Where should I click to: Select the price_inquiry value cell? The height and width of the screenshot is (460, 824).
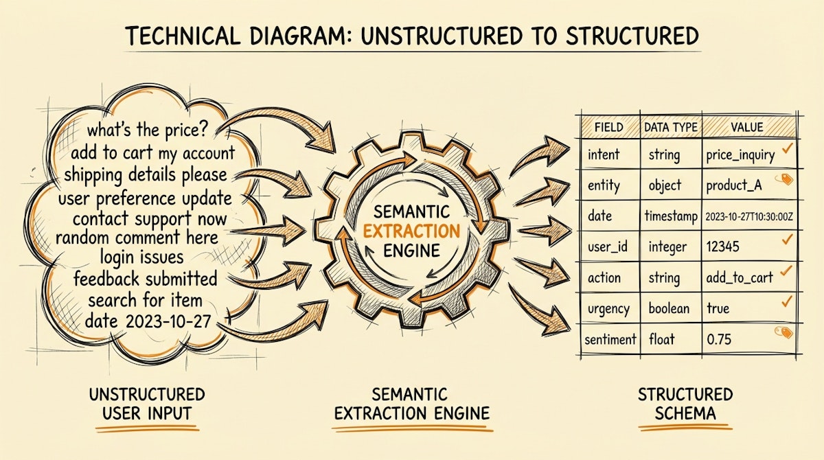click(x=740, y=156)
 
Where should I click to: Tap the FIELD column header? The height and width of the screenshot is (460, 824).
click(x=608, y=127)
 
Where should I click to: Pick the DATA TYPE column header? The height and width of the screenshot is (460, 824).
click(x=670, y=127)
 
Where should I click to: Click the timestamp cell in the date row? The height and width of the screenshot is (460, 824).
click(x=670, y=216)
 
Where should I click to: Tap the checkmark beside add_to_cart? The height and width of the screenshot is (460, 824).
click(x=787, y=273)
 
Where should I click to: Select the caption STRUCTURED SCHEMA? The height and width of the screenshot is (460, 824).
click(x=685, y=404)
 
